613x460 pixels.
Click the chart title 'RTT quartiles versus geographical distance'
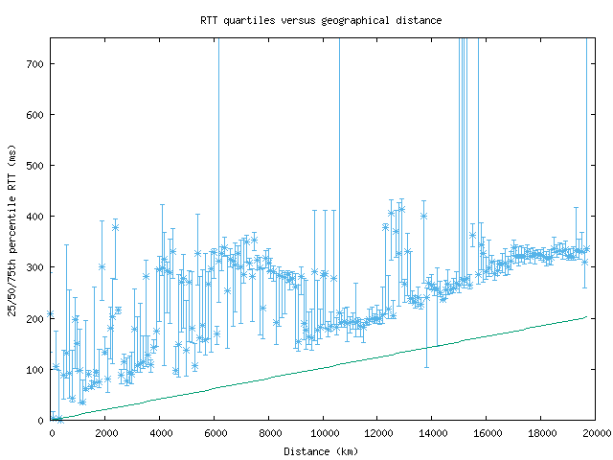click(x=321, y=19)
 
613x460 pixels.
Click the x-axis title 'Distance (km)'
click(x=321, y=450)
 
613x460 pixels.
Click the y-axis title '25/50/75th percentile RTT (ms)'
click(x=11, y=229)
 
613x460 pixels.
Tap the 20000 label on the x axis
click(x=596, y=433)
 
